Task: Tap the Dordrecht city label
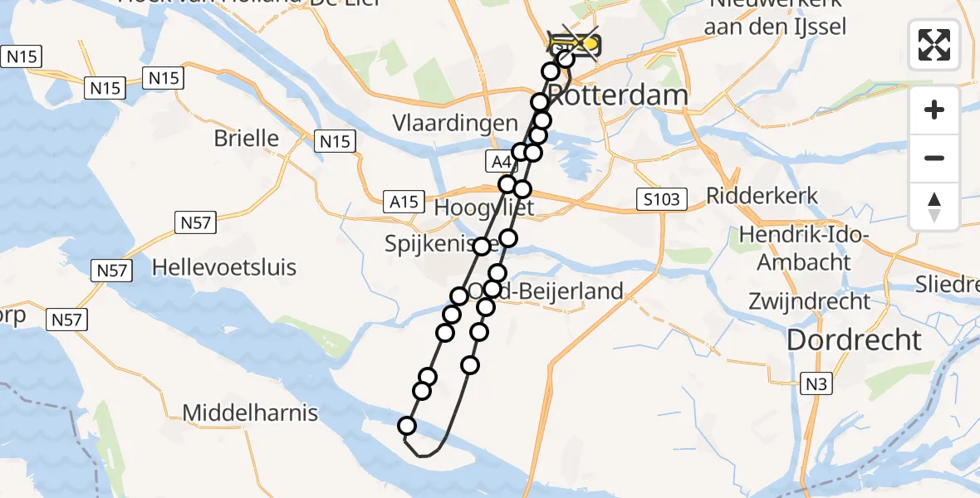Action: (854, 339)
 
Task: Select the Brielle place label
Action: (247, 138)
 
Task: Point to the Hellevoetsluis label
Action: (224, 268)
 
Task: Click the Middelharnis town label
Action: (250, 413)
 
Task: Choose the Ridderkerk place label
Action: (762, 196)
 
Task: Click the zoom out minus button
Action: (934, 158)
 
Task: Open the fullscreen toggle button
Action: (934, 45)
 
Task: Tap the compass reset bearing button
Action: (934, 206)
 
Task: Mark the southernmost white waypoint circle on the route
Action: (407, 427)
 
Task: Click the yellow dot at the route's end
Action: (590, 44)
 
